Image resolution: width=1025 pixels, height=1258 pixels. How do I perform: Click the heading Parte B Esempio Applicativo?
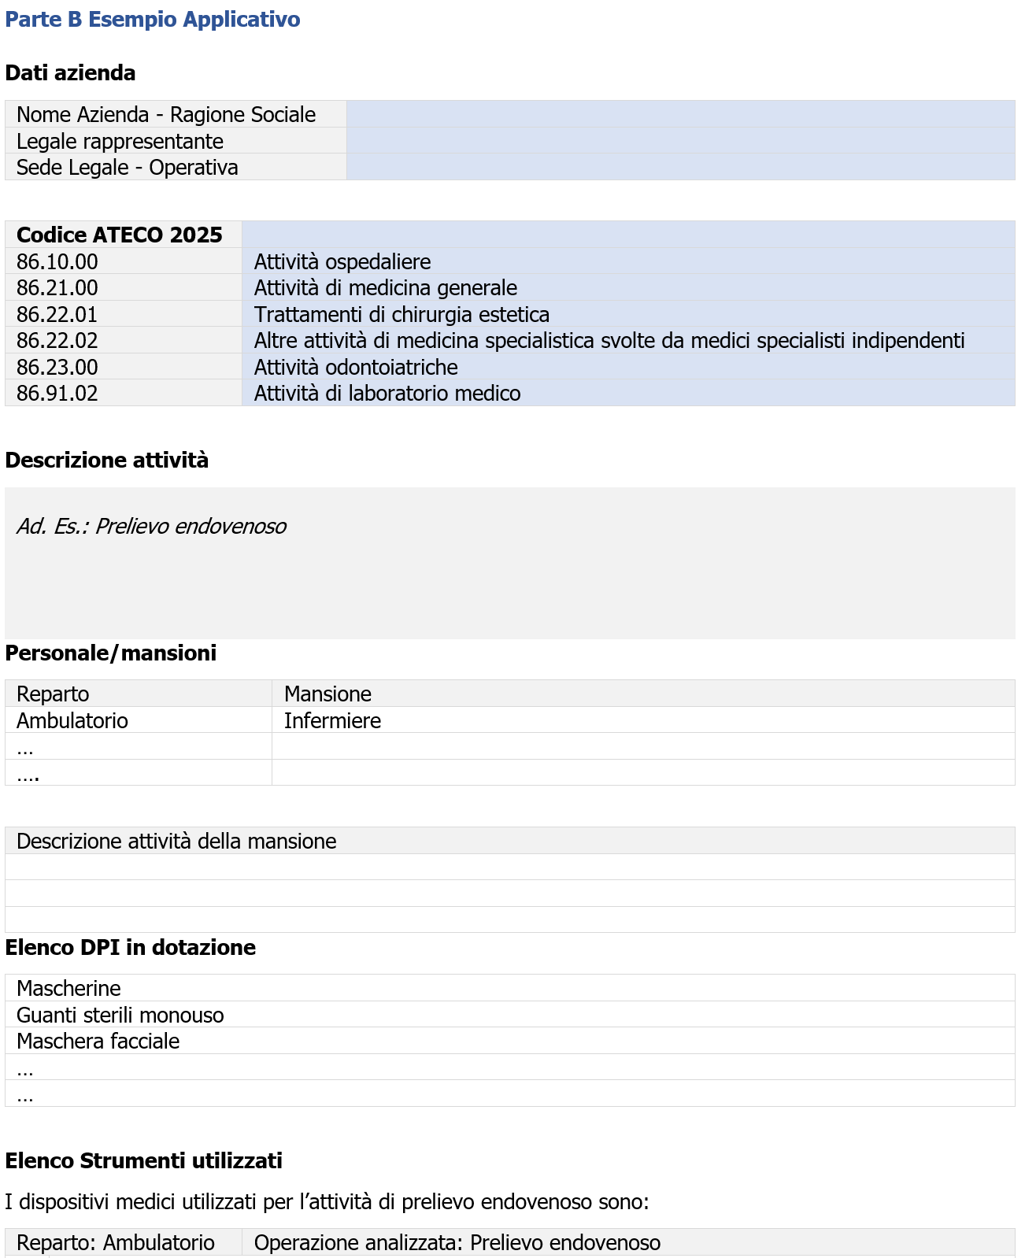153,20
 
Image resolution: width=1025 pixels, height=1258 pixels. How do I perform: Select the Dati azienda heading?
70,73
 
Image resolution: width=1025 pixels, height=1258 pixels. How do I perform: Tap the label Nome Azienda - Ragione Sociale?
166,115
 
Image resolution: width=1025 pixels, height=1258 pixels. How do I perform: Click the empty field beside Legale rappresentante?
680,141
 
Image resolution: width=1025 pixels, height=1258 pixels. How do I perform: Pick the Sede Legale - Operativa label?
128,168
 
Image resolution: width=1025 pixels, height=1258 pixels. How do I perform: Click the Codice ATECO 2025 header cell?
120,235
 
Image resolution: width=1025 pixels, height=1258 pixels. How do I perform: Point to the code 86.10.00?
57,262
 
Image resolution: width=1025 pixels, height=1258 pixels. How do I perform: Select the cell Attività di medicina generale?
386,288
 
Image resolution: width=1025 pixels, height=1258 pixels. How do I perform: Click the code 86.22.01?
57,315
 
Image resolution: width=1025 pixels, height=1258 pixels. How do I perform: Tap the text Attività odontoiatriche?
356,368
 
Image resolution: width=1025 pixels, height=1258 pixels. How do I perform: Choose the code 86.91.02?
57,394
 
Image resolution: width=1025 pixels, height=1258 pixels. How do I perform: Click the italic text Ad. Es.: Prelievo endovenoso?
152,527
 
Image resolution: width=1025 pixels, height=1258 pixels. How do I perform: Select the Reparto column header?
53,694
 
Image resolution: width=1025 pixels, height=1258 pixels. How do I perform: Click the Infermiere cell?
332,721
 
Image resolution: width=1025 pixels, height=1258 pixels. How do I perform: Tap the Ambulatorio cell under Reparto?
72,721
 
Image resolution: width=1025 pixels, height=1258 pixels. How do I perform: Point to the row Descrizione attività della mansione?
176,842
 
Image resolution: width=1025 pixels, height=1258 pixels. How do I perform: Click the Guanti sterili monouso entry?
120,1016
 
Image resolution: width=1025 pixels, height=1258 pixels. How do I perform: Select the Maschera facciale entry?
98,1042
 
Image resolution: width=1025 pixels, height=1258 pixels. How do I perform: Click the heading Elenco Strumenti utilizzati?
143,1161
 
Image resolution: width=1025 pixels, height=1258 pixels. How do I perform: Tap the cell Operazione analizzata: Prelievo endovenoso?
457,1243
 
